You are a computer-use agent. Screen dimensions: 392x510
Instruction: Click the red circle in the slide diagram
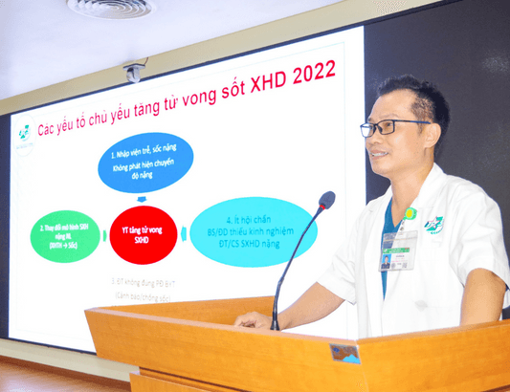coord(143,233)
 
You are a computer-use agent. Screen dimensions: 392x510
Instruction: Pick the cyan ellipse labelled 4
coord(254,230)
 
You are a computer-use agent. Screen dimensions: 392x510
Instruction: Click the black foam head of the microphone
coord(326,201)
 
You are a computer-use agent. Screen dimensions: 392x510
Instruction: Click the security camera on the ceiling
coord(135,73)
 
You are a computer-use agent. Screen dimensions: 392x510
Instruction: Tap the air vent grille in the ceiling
coord(111,8)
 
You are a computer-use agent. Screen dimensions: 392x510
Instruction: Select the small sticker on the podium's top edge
coord(345,353)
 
